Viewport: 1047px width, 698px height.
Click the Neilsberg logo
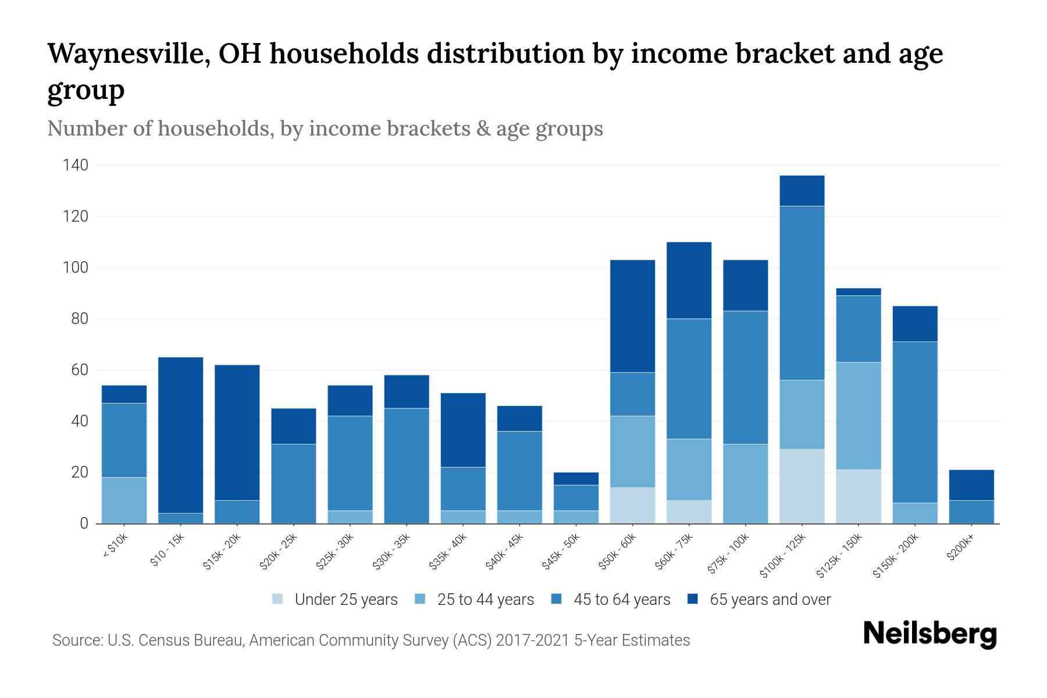[930, 635]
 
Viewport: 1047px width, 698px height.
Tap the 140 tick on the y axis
[76, 165]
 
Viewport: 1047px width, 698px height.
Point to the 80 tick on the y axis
[79, 319]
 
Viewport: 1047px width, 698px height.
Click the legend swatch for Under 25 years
[278, 599]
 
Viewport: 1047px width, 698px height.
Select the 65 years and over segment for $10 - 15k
[180, 435]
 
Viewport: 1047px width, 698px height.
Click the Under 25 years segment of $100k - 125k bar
[802, 486]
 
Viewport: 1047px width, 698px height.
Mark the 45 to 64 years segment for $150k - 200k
[915, 422]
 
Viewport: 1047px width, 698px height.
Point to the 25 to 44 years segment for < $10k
[124, 500]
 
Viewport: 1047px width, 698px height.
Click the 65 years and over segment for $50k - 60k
[632, 316]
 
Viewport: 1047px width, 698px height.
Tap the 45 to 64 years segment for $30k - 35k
[407, 465]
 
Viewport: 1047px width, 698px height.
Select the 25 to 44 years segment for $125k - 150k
[859, 415]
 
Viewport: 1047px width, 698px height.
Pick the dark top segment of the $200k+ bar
[971, 485]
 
